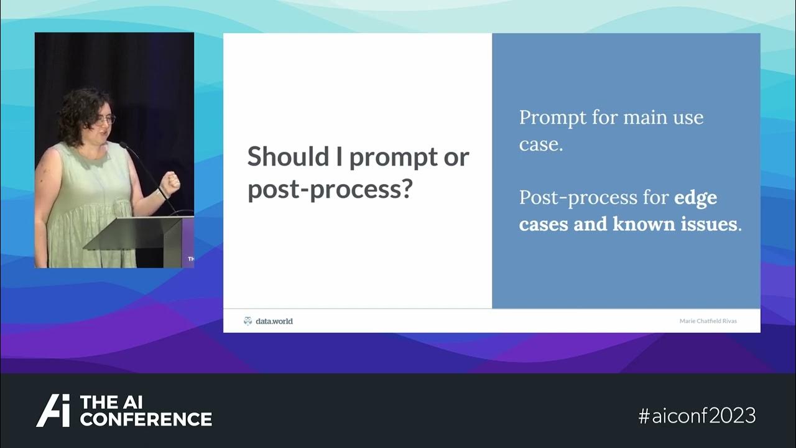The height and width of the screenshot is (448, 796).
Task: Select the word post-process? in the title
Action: pyautogui.click(x=330, y=189)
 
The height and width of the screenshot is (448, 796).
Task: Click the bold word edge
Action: pyautogui.click(x=695, y=198)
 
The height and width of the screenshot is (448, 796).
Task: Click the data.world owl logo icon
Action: pyautogui.click(x=248, y=321)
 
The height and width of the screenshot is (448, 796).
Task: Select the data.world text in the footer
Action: pyautogui.click(x=274, y=321)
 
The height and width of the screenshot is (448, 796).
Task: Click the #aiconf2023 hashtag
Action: pyautogui.click(x=696, y=415)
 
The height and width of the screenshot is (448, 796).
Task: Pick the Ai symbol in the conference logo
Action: pyautogui.click(x=53, y=411)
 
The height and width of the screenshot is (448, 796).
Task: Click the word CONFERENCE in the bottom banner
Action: pyautogui.click(x=146, y=419)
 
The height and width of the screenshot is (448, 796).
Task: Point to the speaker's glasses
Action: pyautogui.click(x=104, y=119)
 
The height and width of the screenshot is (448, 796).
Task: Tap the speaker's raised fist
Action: pyautogui.click(x=169, y=182)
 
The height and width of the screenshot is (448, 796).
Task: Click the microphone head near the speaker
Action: pyautogui.click(x=123, y=146)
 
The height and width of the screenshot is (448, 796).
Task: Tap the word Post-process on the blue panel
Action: pyautogui.click(x=576, y=198)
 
